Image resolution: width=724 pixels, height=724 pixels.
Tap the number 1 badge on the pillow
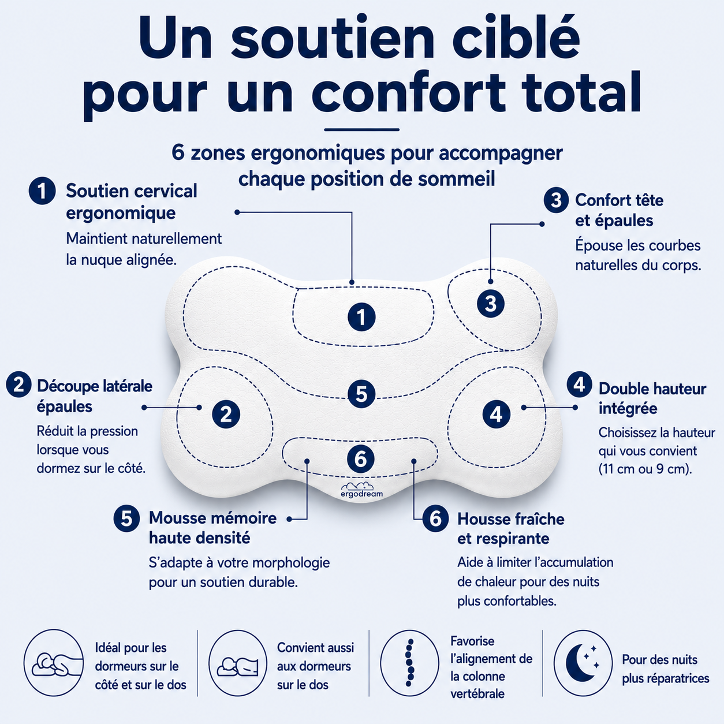pyautogui.click(x=361, y=317)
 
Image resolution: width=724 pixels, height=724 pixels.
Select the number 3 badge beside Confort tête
pyautogui.click(x=555, y=200)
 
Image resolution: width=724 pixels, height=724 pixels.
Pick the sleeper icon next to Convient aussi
pyautogui.click(x=237, y=666)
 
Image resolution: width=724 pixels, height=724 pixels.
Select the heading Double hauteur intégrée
pyautogui.click(x=652, y=398)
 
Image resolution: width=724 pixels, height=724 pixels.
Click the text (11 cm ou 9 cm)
pyautogui.click(x=645, y=469)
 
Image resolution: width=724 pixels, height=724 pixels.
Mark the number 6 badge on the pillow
pyautogui.click(x=361, y=459)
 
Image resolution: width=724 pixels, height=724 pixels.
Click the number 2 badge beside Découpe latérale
pyautogui.click(x=18, y=385)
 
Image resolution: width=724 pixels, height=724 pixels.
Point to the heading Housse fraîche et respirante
pyautogui.click(x=510, y=529)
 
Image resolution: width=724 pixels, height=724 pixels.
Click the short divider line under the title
pyautogui.click(x=361, y=130)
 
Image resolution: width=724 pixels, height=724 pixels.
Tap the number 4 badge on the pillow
pyautogui.click(x=497, y=414)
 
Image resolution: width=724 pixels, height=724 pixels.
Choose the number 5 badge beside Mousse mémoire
pyautogui.click(x=126, y=519)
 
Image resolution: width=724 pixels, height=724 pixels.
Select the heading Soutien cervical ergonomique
pyautogui.click(x=132, y=201)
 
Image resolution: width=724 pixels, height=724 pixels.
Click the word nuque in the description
pyautogui.click(x=103, y=260)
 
